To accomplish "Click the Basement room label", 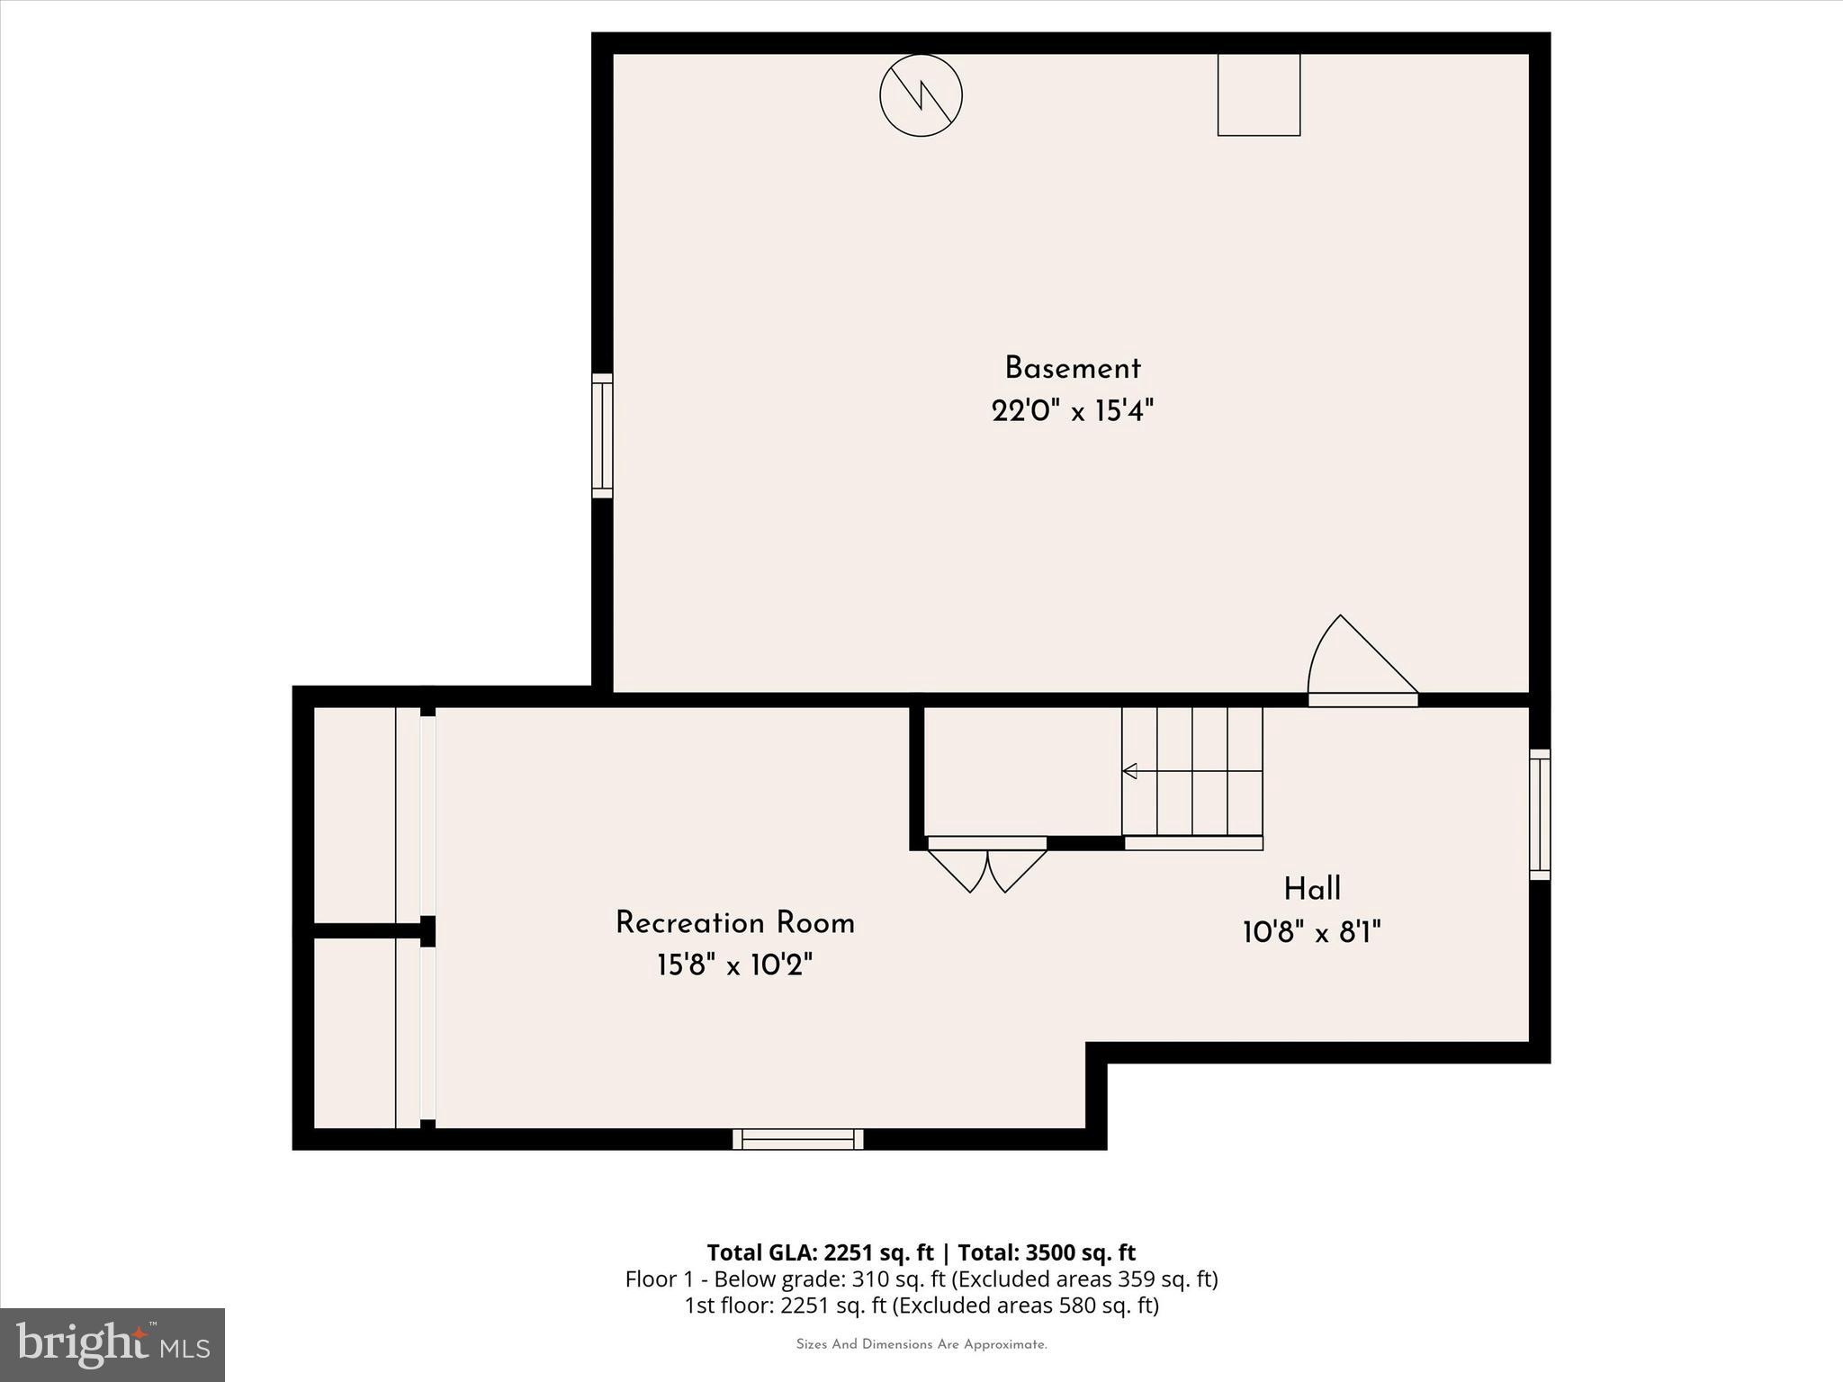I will click(1072, 368).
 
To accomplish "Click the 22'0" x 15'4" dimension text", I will click(1072, 411).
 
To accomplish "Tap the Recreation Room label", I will click(734, 923).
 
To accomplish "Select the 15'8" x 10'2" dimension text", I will click(734, 965).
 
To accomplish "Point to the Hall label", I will click(1311, 889).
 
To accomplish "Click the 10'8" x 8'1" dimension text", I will click(1311, 932).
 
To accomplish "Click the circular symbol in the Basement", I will click(921, 95).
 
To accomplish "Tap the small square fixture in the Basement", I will click(1258, 94).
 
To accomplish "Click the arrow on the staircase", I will click(1130, 771).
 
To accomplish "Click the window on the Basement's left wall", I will click(602, 435).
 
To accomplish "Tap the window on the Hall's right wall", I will click(1540, 815).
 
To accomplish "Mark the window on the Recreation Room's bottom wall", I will click(797, 1139).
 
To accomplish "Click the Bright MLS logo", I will click(112, 1344).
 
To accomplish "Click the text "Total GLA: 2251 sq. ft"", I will click(819, 1252).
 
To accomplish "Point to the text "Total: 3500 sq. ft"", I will click(1047, 1252).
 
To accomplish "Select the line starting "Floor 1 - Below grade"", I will click(921, 1279).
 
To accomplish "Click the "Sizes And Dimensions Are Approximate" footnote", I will click(921, 1344).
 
